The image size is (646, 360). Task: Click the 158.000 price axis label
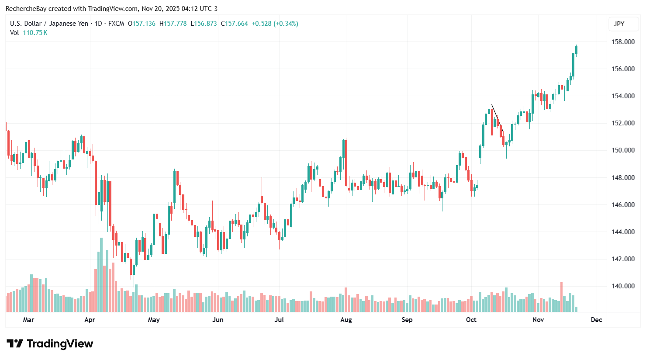[623, 42]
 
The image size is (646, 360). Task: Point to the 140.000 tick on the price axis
[623, 286]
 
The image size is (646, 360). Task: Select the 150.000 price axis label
[623, 150]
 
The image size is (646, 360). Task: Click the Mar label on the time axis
[28, 320]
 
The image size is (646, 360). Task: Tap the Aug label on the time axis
[346, 320]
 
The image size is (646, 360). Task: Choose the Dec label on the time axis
[596, 320]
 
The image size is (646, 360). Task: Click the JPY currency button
[619, 24]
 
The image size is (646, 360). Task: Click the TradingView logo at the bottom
[50, 344]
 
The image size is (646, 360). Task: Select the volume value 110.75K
[35, 33]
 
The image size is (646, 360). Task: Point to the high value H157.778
[173, 24]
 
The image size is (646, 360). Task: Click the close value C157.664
[235, 24]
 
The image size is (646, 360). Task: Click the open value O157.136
[142, 24]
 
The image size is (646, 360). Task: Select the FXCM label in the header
[116, 24]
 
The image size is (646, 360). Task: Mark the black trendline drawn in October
[497, 118]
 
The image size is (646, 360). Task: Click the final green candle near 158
[576, 50]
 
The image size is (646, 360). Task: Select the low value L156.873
[204, 24]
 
